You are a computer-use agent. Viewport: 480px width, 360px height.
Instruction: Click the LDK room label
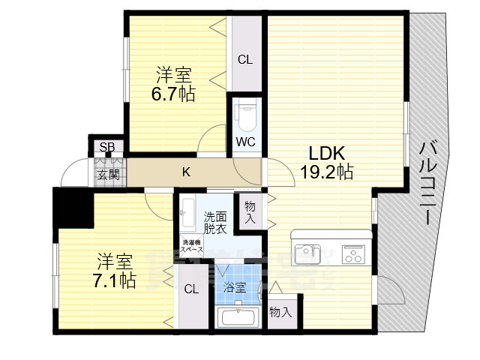point(325,153)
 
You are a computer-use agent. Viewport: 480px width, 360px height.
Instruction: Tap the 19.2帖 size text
point(327,172)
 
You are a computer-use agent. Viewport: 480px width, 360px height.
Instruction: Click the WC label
point(245,141)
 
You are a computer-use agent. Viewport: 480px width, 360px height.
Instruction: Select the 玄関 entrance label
point(107,175)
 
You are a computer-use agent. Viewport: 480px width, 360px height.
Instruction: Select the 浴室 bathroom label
point(234,287)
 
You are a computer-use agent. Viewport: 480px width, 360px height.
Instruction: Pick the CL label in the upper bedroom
point(245,60)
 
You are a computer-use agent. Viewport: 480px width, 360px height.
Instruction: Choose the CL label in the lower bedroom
point(191,289)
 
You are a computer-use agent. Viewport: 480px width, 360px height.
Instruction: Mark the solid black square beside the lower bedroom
point(73,208)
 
